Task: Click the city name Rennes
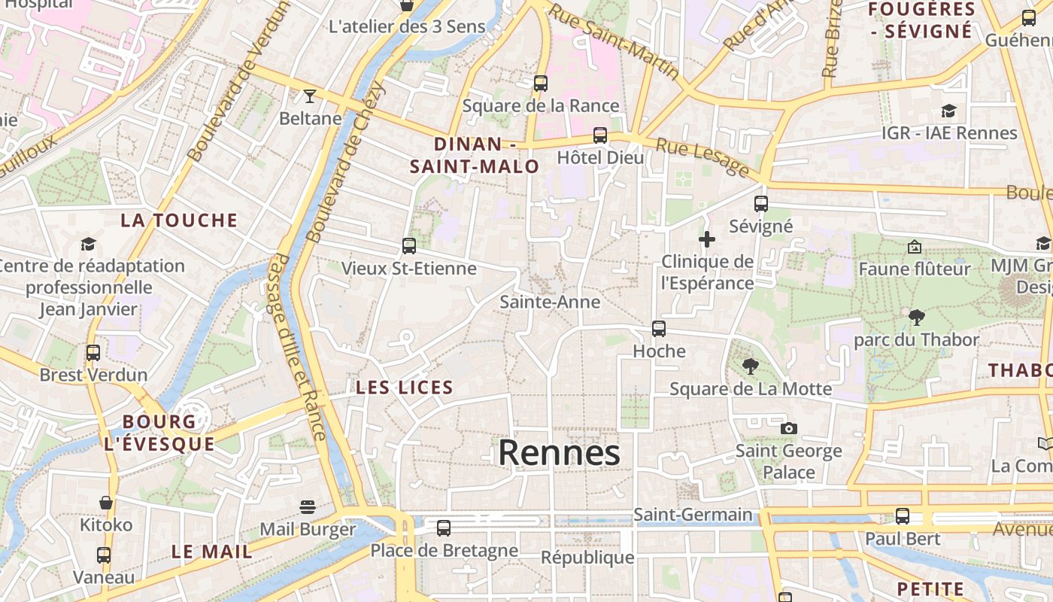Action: coord(559,453)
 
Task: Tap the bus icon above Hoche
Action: coord(659,329)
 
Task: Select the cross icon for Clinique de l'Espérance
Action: coord(707,240)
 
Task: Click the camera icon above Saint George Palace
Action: coord(788,428)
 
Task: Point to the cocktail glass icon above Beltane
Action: coord(309,96)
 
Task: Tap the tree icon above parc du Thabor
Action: coord(916,318)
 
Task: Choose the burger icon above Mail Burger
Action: coord(307,506)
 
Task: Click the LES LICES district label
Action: coord(405,388)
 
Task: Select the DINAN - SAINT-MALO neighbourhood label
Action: coord(475,155)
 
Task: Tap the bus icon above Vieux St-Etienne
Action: coord(409,245)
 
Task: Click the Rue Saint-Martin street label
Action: coord(614,41)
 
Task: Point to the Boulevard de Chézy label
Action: coord(346,162)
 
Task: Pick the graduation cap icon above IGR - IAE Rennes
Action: coord(948,111)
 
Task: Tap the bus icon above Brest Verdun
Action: coord(93,352)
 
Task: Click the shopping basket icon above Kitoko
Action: coord(106,503)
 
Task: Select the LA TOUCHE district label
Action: coord(179,220)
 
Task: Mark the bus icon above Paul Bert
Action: coord(902,516)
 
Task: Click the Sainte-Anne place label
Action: coord(550,302)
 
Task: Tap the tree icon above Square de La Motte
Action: coord(750,366)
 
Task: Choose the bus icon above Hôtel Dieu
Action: coord(600,135)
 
